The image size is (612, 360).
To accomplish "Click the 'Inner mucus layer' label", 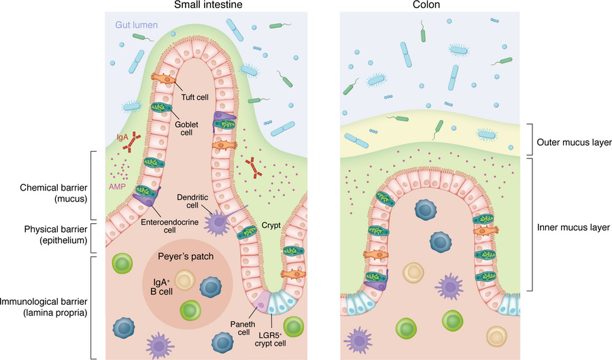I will [x=574, y=227].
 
